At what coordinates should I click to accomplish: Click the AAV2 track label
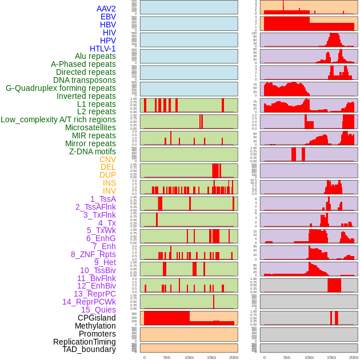coord(106,9)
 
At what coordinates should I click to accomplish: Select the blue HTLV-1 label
coord(103,49)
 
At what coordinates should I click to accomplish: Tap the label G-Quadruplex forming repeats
coord(61,88)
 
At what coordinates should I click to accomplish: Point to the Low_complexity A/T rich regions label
coord(58,119)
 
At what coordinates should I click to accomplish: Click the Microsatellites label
coord(90,127)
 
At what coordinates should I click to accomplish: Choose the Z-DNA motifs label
coord(93,151)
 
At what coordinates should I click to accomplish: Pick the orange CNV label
coord(107,159)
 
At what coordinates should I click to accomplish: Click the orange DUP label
coord(107,175)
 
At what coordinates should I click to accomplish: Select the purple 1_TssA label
coord(103,199)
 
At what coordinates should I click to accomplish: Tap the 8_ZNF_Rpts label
coord(93,254)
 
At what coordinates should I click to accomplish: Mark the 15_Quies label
coord(98,310)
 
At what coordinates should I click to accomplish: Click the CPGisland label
coord(97,318)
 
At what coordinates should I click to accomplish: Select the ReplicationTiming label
coord(85,342)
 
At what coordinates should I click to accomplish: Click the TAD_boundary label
coord(89,349)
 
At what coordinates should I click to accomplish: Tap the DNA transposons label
coord(85,80)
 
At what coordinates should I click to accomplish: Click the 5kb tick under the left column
coord(167,357)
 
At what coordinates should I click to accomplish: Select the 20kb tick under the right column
coord(354,357)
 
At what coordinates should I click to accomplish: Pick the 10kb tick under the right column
coord(309,357)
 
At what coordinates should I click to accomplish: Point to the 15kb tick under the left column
coord(211,357)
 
